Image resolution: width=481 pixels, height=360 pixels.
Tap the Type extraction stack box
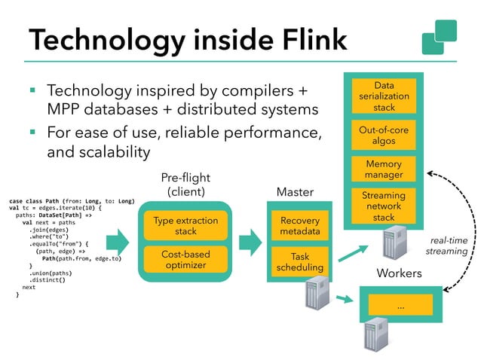click(x=185, y=226)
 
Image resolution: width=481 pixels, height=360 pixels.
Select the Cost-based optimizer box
click(x=185, y=260)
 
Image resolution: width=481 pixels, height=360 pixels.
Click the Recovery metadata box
click(x=299, y=226)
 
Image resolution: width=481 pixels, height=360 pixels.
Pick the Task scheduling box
click(x=299, y=261)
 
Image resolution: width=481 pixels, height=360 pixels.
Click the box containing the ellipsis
click(x=400, y=306)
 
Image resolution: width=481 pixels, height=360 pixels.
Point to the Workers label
click(x=398, y=273)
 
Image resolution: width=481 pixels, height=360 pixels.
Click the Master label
click(x=295, y=193)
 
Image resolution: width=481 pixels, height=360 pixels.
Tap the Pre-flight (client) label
click(x=185, y=184)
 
